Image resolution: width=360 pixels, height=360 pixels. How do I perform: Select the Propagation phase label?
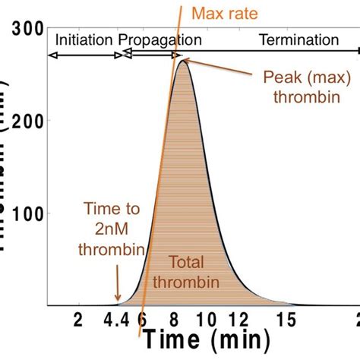(x=159, y=39)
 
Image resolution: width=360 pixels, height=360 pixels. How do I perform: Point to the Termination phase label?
(x=298, y=39)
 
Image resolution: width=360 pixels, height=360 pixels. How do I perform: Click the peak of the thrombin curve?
(x=183, y=62)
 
